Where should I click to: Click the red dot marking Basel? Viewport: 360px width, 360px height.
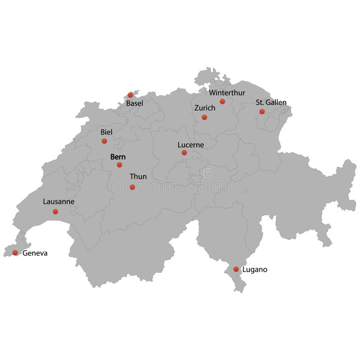click(x=130, y=95)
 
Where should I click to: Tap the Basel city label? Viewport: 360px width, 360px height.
click(x=135, y=103)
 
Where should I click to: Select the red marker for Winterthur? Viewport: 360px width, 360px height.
click(x=222, y=101)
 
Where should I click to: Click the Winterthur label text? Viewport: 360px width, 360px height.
click(x=227, y=93)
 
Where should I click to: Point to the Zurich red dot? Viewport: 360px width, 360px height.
click(x=204, y=117)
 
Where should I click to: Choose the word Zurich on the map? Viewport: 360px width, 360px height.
click(x=205, y=108)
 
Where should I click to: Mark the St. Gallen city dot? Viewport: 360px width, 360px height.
click(x=262, y=111)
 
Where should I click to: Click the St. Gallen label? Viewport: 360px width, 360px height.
click(x=271, y=103)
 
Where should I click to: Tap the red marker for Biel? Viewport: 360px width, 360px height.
click(x=104, y=141)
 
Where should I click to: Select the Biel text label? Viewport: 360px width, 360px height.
click(x=107, y=132)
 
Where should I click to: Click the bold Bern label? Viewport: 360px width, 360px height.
click(x=118, y=157)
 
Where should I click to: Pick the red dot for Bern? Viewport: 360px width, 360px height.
click(x=119, y=165)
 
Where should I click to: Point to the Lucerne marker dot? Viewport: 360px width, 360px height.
click(x=184, y=153)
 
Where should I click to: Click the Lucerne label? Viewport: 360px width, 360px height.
click(x=191, y=145)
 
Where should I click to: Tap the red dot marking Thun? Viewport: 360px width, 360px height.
click(x=132, y=187)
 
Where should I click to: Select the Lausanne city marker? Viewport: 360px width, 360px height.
click(x=55, y=211)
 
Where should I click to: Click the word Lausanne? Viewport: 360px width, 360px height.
click(x=58, y=202)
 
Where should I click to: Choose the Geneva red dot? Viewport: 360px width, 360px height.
click(x=15, y=252)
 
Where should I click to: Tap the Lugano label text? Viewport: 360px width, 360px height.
click(x=255, y=270)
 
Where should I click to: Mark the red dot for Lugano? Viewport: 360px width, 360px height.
click(x=236, y=269)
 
